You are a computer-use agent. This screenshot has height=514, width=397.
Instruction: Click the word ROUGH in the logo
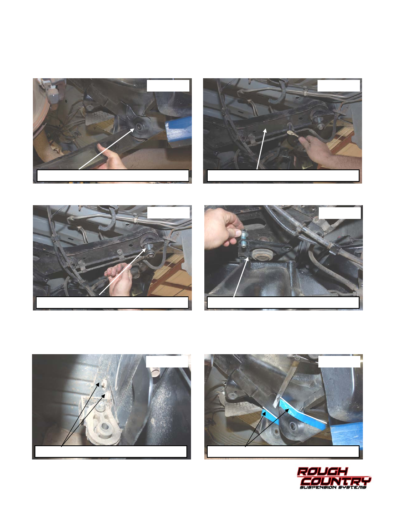(322, 472)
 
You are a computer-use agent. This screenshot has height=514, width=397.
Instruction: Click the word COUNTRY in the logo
(337, 481)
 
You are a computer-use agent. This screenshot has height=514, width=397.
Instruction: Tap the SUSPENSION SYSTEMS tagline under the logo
(333, 487)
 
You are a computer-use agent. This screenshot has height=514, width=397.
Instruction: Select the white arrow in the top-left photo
(107, 149)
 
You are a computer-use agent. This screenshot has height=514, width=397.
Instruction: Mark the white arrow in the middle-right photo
(241, 277)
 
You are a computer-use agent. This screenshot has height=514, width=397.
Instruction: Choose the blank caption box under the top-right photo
(283, 176)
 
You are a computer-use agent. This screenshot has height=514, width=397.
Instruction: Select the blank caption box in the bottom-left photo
(111, 452)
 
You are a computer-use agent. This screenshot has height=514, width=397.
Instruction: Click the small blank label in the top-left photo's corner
(168, 86)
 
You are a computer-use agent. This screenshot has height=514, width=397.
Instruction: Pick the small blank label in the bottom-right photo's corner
(339, 361)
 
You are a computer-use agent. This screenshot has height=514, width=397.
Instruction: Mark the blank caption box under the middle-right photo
(283, 303)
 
